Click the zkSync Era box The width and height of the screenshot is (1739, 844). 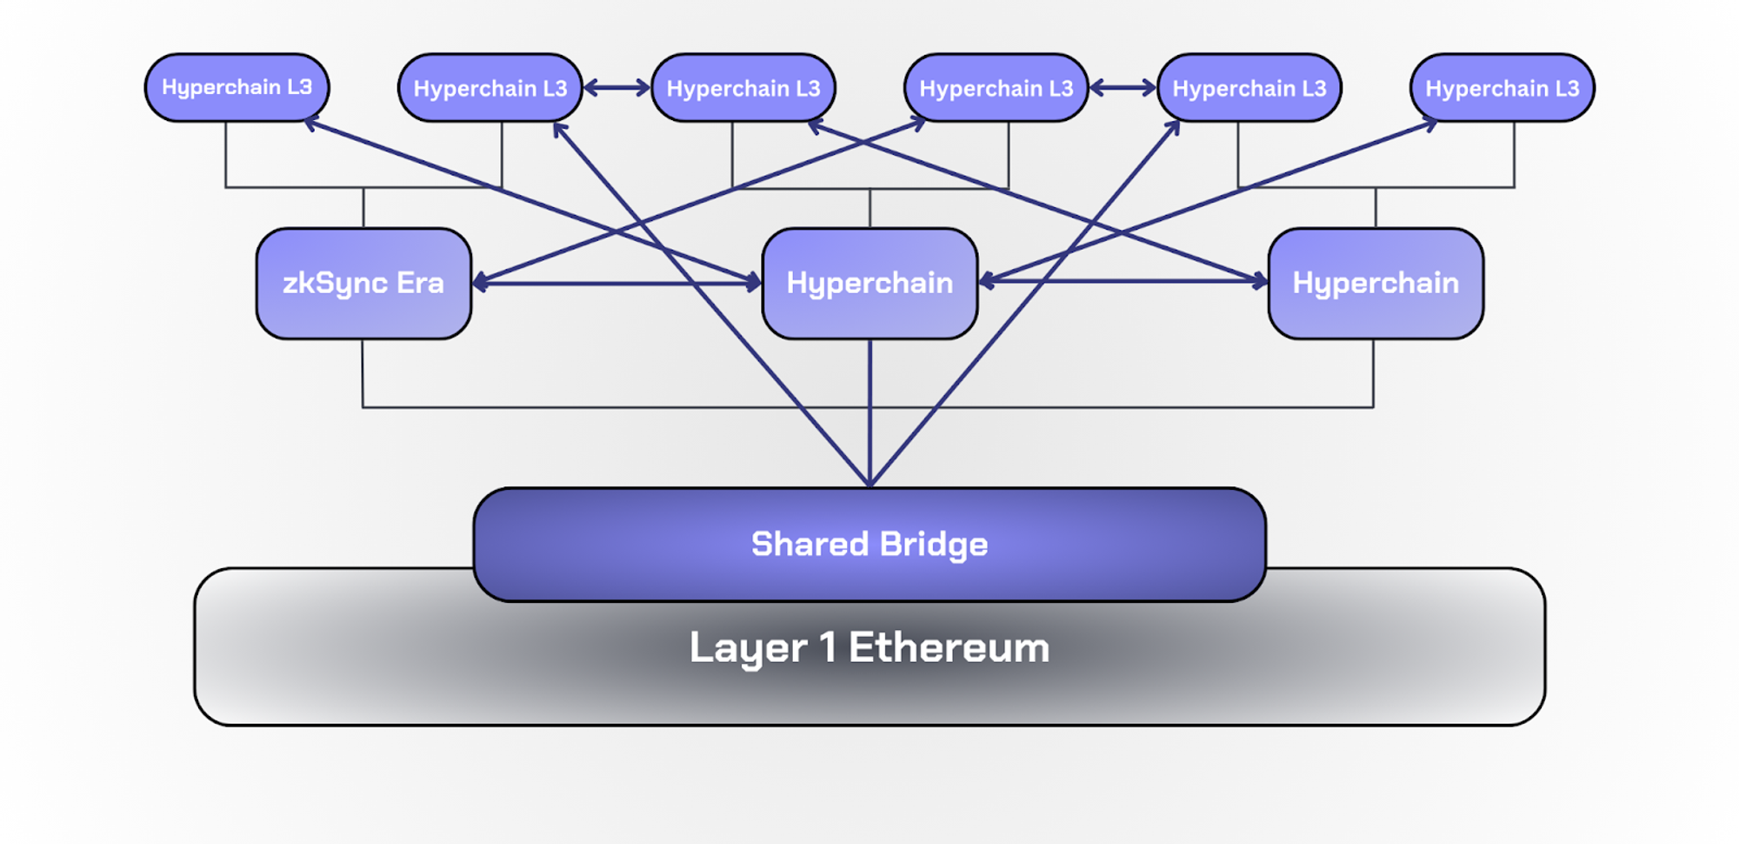click(363, 284)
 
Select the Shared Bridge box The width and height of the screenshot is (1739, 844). click(869, 545)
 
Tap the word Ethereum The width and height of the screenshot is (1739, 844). click(949, 648)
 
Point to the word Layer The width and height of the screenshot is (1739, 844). click(748, 648)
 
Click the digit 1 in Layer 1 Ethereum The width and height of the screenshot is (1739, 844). click(828, 647)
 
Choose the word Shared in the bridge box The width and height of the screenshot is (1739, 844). click(810, 545)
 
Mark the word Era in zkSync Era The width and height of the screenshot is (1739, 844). click(420, 283)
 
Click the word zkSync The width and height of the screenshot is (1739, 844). click(335, 284)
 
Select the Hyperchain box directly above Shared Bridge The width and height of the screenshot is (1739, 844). click(869, 284)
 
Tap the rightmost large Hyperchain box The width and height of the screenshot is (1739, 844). click(1376, 284)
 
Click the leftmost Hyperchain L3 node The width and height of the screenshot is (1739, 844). click(237, 88)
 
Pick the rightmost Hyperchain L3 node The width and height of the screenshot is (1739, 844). click(1502, 89)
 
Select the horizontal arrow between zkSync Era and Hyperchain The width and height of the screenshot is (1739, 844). click(617, 283)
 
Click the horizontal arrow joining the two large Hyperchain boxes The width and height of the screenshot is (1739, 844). click(1122, 281)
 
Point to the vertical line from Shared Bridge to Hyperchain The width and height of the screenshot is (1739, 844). click(869, 409)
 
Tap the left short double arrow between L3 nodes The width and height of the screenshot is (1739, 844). click(616, 88)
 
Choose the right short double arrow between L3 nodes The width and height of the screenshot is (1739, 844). click(1123, 88)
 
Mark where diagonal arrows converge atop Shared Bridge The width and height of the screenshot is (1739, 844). click(869, 483)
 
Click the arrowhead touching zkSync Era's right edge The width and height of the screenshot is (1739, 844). click(479, 282)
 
